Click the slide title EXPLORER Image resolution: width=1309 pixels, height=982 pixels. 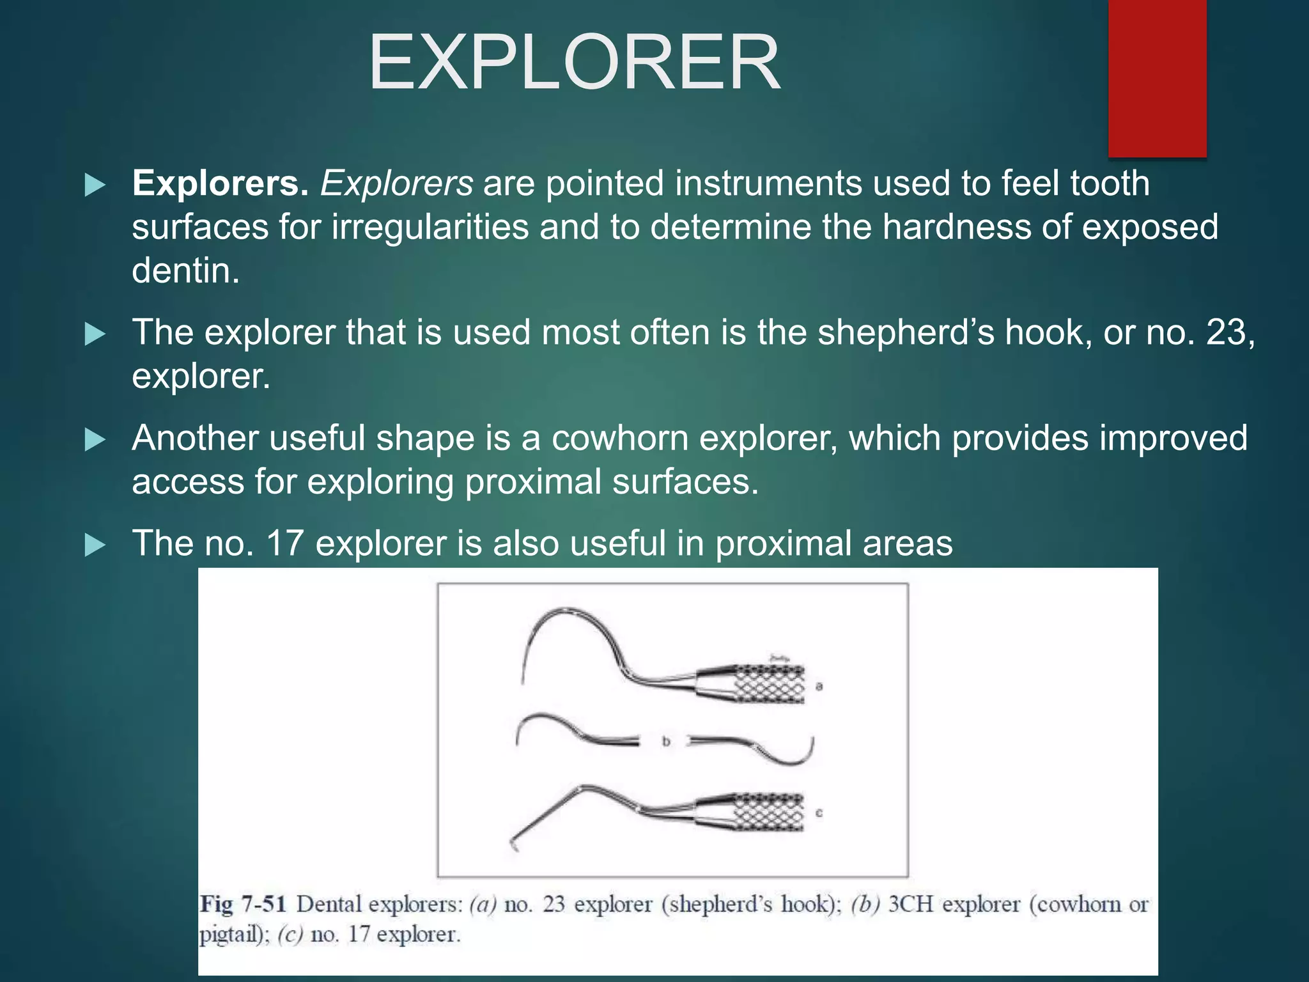[x=574, y=63]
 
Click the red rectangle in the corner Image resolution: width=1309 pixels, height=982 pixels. [x=1157, y=77]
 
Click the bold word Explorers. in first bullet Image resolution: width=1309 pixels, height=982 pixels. [x=221, y=183]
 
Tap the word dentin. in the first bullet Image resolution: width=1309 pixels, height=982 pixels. [x=185, y=270]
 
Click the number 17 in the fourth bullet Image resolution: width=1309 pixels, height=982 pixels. [x=284, y=543]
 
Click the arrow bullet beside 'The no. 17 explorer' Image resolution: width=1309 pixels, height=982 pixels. [x=95, y=545]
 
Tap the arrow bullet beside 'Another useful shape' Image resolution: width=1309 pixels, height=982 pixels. [x=95, y=440]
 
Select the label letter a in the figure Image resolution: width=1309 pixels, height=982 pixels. [x=819, y=687]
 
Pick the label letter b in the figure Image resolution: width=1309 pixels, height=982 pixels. [x=666, y=742]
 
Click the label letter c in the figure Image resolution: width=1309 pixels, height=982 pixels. [x=819, y=813]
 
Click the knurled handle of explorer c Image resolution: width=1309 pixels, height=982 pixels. [x=767, y=812]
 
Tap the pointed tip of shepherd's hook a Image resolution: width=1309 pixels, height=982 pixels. [x=523, y=682]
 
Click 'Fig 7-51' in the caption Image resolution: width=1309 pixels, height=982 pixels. [x=242, y=905]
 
